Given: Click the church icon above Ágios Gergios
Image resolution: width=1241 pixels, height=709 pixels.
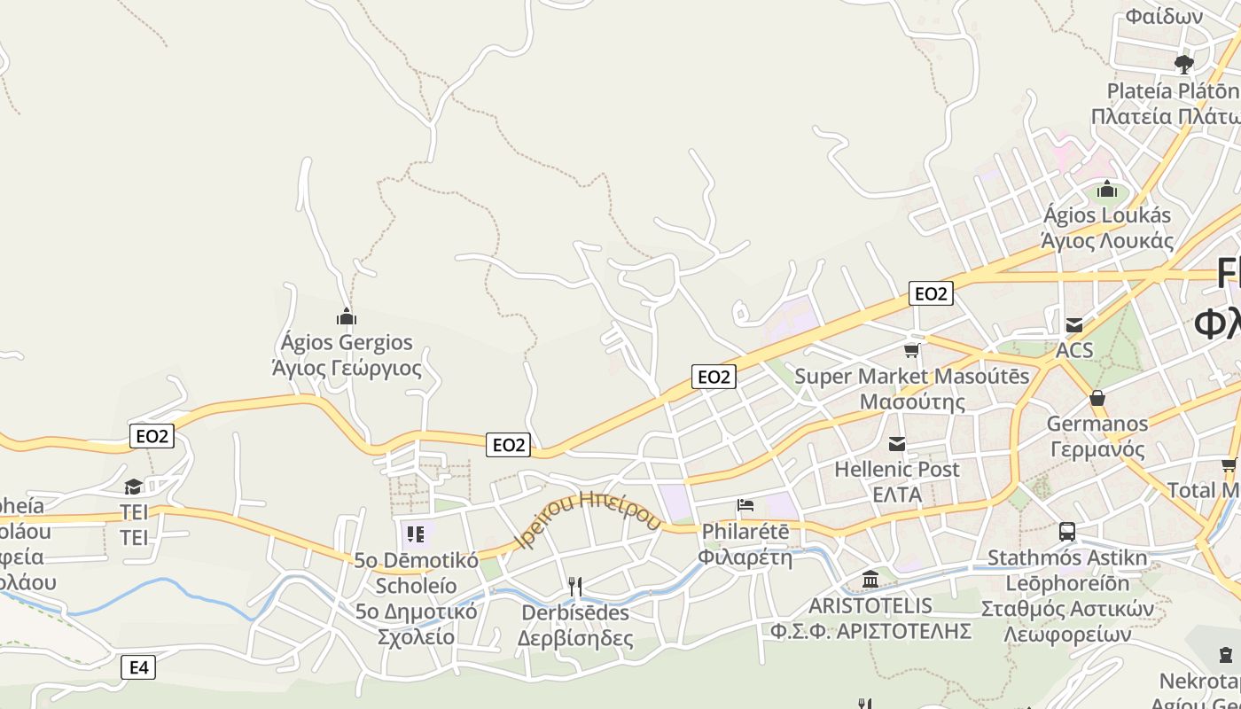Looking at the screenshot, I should (x=347, y=316).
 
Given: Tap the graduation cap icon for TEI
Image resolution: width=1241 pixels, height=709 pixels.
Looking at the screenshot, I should (x=133, y=487).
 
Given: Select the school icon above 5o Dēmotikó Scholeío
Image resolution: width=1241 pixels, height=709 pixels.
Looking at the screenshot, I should (x=416, y=534).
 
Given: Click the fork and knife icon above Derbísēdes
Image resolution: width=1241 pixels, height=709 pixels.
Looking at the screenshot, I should (x=575, y=586).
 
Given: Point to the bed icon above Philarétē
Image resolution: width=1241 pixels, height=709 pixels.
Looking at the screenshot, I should (x=745, y=505).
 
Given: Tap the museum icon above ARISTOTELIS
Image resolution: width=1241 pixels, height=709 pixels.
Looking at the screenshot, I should (x=870, y=580).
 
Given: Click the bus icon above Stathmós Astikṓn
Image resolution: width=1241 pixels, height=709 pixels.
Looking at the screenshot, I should (x=1067, y=532).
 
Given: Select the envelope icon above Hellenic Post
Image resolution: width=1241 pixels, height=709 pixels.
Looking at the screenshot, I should (x=897, y=444).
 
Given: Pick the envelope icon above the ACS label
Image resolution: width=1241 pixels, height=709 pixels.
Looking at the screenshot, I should (x=1074, y=325).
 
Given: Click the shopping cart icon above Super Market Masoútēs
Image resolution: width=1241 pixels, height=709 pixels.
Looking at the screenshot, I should (x=911, y=350).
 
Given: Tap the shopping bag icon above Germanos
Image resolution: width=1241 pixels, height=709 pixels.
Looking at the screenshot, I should (x=1097, y=398).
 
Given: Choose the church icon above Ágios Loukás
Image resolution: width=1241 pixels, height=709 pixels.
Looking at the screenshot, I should (x=1106, y=190).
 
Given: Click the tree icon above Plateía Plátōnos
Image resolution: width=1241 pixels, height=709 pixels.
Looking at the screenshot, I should (x=1183, y=64).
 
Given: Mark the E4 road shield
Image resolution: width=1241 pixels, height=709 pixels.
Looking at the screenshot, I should (x=139, y=667).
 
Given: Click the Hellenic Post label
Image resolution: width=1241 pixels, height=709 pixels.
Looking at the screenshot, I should (x=897, y=470).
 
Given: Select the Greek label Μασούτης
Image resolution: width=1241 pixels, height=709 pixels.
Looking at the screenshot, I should (x=912, y=401).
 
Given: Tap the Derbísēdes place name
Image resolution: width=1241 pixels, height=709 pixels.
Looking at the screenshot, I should (x=575, y=612).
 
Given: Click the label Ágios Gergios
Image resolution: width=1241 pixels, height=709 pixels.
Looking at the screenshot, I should (x=347, y=342).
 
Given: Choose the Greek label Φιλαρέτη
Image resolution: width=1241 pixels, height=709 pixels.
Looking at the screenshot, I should (x=745, y=557).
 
